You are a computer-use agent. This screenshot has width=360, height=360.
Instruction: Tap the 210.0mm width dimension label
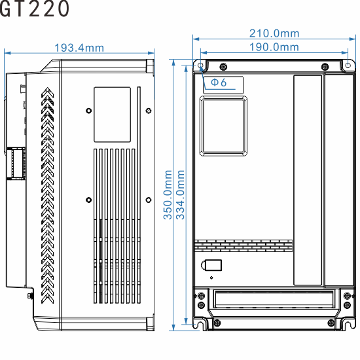click(x=274, y=33)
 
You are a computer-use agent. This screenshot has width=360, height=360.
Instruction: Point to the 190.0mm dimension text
click(x=274, y=46)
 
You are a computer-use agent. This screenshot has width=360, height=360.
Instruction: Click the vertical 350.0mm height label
click(x=168, y=194)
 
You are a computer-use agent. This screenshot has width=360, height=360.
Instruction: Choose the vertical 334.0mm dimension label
click(x=181, y=194)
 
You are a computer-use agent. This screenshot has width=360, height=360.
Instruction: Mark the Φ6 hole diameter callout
click(x=219, y=83)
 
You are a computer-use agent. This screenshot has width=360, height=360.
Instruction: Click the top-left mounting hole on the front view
click(x=201, y=65)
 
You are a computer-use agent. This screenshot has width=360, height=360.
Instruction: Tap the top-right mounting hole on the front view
click(x=348, y=65)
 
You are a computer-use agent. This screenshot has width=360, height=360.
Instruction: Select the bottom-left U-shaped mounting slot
click(x=201, y=323)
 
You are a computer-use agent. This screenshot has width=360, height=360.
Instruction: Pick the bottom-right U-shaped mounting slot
click(x=348, y=323)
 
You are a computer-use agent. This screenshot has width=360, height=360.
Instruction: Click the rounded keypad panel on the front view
click(x=223, y=125)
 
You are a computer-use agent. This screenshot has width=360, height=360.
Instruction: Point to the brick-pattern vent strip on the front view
click(x=243, y=245)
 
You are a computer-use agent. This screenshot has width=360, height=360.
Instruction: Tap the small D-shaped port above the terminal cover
click(x=213, y=266)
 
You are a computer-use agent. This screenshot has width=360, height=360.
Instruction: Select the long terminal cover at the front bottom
click(x=274, y=302)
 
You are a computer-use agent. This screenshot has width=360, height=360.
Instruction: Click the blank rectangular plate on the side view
click(x=112, y=115)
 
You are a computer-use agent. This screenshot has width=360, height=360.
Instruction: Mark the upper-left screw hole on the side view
click(x=88, y=110)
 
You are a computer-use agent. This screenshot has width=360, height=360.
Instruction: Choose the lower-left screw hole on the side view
click(x=88, y=198)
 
